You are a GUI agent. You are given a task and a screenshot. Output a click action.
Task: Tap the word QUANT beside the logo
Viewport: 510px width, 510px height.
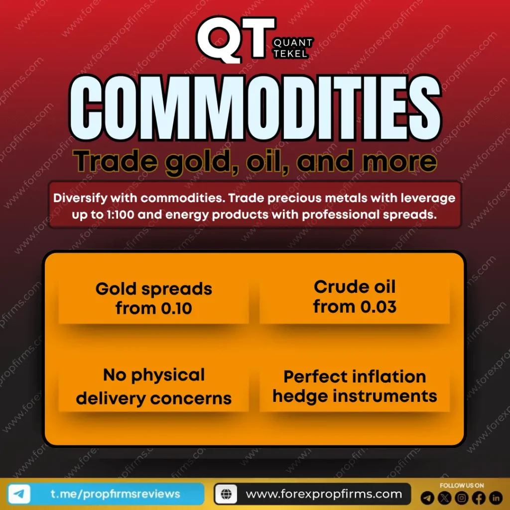293,43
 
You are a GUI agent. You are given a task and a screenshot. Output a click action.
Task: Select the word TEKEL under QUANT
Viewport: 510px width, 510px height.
290,54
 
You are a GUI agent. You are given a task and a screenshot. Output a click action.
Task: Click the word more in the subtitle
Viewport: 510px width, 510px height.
399,161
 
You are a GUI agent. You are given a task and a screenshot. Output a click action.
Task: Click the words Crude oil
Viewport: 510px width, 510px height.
355,287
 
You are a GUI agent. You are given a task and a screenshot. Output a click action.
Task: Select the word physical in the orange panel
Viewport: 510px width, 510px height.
168,376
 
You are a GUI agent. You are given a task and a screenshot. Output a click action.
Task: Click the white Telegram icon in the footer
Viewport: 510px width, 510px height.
19,494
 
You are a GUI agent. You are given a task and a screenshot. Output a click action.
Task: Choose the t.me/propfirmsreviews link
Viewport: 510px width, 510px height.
115,494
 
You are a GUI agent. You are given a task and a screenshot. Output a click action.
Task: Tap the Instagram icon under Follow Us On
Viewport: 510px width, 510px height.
461,498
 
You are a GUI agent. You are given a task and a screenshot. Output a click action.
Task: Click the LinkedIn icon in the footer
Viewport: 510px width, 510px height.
496,498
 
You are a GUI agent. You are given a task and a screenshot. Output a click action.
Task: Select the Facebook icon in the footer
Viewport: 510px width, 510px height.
479,498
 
